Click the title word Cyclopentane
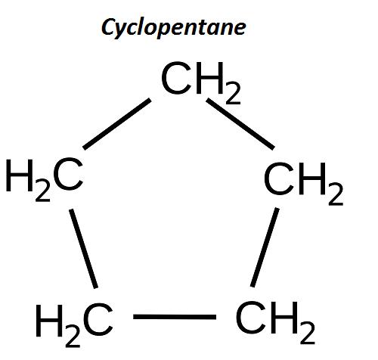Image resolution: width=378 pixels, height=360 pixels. (173, 28)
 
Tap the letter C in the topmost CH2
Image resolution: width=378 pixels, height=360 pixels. (176, 78)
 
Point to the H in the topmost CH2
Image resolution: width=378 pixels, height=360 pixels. (210, 78)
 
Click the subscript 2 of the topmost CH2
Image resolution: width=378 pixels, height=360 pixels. (233, 94)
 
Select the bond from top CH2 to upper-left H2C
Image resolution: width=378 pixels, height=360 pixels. (116, 124)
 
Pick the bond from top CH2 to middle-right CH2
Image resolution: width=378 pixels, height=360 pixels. (240, 124)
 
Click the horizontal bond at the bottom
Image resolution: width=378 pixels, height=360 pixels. (175, 317)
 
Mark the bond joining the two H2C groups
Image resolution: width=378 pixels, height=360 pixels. (84, 249)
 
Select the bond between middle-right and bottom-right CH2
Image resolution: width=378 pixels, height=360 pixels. (265, 247)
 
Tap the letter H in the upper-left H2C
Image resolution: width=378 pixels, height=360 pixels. (20, 175)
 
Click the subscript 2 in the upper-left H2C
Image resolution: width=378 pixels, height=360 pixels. (43, 191)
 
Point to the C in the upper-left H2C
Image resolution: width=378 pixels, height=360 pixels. (68, 175)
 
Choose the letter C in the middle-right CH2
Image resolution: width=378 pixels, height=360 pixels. (279, 178)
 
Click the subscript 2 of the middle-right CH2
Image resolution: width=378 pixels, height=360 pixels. (336, 194)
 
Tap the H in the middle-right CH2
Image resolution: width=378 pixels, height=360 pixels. (312, 178)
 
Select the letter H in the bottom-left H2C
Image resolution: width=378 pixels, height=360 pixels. (49, 321)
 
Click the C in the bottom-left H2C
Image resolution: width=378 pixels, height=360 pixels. (98, 320)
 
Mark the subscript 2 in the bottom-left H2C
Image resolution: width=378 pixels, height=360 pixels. (73, 337)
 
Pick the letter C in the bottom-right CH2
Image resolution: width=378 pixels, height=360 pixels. (251, 317)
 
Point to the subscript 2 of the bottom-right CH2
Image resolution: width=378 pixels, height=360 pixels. (308, 334)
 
